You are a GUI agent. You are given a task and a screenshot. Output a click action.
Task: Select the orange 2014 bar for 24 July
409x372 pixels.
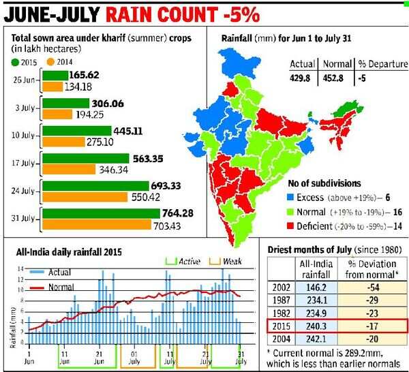pos(85,197)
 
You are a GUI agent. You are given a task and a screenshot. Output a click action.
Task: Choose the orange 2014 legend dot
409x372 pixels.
pos(50,62)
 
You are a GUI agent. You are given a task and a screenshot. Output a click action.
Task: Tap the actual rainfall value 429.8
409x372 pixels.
pos(303,78)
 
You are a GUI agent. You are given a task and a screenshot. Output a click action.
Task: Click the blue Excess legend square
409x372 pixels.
pos(290,197)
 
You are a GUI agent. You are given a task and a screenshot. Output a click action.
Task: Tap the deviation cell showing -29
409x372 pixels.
pos(371,300)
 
